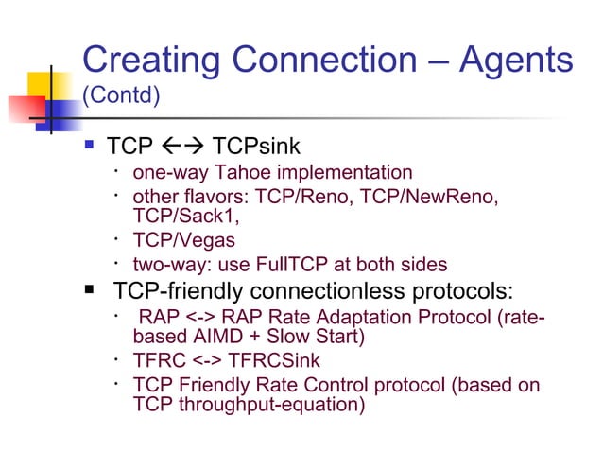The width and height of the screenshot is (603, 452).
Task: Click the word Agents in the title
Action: pos(516,61)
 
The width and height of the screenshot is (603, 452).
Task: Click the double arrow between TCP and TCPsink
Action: pos(177,147)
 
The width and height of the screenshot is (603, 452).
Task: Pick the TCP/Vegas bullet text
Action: pos(183,240)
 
